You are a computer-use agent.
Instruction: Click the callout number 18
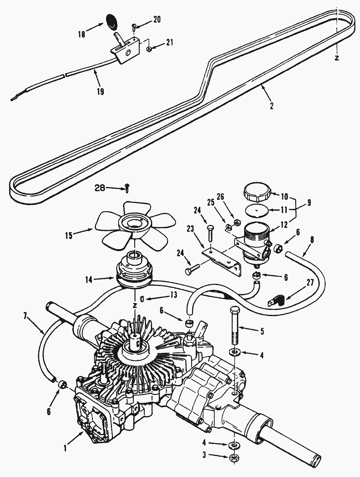(x=81, y=34)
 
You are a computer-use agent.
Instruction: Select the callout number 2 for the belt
(x=271, y=106)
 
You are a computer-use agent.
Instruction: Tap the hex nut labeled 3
(x=234, y=457)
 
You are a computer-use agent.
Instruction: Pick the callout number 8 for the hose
(x=312, y=240)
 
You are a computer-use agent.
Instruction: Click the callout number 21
(x=169, y=43)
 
